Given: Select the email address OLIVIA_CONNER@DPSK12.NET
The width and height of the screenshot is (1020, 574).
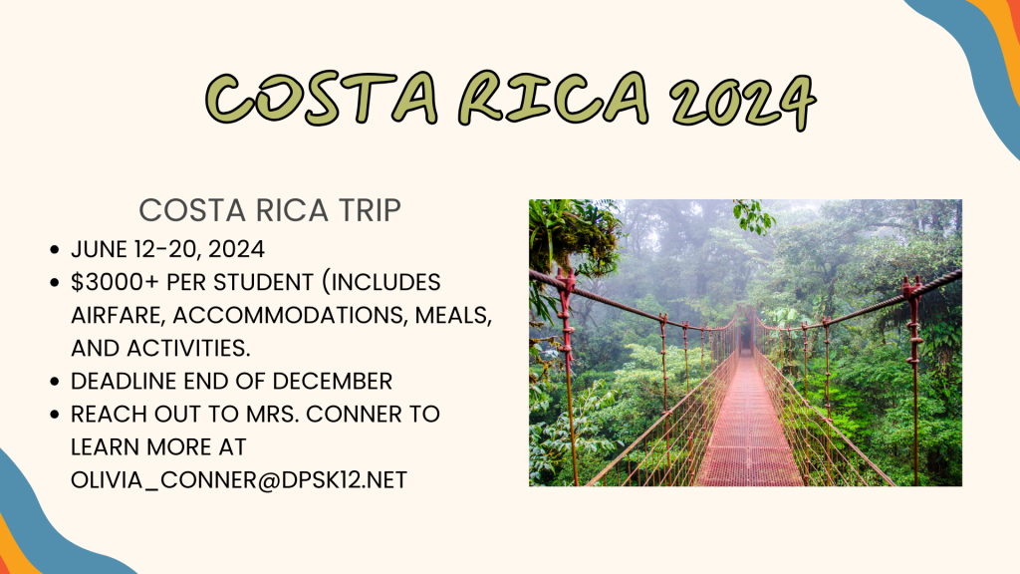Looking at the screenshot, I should [239, 479].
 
